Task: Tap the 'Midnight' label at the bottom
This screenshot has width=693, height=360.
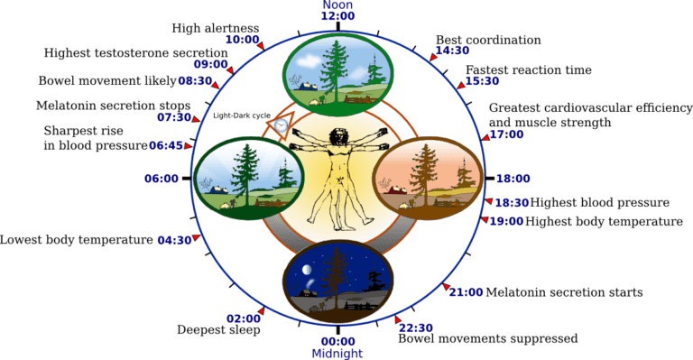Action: [337, 352]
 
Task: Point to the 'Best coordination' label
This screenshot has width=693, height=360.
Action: [488, 40]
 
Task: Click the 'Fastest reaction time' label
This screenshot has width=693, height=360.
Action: [528, 69]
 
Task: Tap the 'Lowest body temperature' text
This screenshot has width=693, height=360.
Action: [77, 240]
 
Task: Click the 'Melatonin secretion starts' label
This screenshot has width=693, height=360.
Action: [564, 292]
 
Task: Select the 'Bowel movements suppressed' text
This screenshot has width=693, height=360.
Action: [487, 339]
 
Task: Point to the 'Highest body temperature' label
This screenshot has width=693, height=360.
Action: [603, 220]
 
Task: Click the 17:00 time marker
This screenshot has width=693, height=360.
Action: [506, 135]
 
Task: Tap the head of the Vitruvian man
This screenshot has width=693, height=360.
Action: [339, 138]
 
